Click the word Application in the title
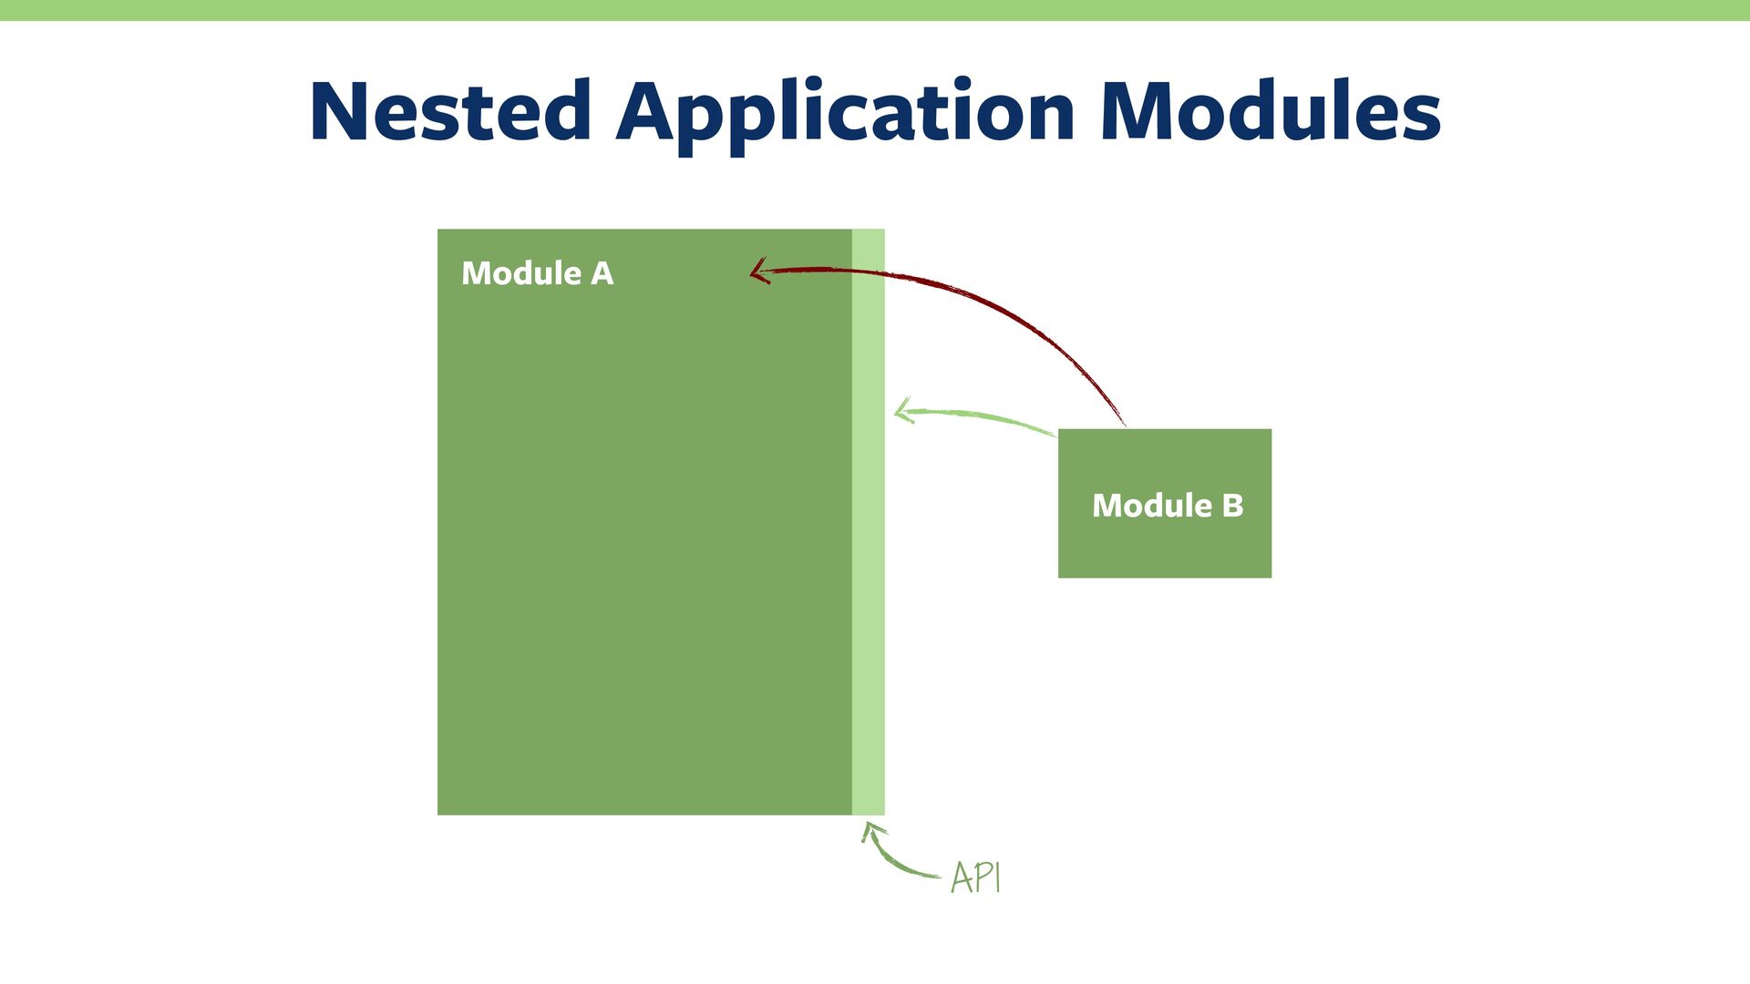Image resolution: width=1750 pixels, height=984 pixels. (846, 113)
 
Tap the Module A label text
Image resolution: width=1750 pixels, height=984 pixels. (537, 273)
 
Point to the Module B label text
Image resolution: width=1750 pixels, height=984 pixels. (1168, 506)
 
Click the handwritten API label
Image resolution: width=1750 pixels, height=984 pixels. (975, 878)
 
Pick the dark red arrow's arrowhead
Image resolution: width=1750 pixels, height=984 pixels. (758, 271)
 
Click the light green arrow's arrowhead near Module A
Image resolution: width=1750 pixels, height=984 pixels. (902, 411)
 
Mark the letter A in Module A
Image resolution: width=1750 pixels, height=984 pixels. (602, 273)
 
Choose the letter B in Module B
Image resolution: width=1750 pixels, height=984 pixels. (1232, 506)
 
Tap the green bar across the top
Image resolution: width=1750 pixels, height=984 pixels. (875, 10)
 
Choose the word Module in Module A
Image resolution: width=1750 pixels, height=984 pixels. (521, 273)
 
